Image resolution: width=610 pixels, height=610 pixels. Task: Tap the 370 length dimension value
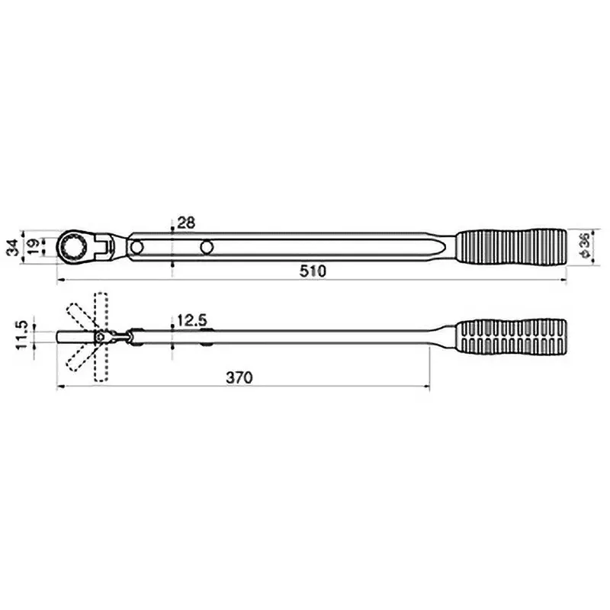pos(239,377)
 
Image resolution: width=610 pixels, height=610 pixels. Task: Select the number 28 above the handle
pos(186,223)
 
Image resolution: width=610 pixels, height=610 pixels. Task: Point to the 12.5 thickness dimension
pos(191,321)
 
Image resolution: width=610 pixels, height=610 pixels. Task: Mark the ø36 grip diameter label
pos(584,246)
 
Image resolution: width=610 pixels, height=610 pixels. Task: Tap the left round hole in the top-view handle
pos(137,246)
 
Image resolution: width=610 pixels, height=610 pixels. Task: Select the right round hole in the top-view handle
pos(207,246)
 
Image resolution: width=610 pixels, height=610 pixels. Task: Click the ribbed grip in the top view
pos(512,246)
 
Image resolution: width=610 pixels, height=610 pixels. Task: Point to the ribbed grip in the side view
pos(512,335)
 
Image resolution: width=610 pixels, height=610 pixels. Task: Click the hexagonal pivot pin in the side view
pos(99,336)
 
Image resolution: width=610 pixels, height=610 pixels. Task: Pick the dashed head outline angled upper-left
pos(79,316)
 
